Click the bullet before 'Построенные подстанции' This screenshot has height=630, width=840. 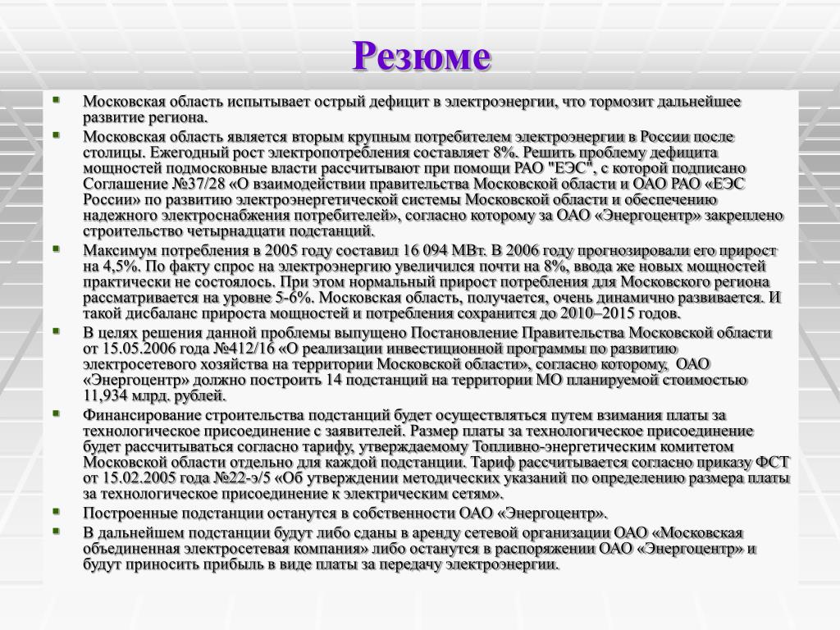point(56,509)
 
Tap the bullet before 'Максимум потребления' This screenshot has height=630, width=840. point(56,247)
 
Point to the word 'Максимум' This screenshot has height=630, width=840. point(116,250)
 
